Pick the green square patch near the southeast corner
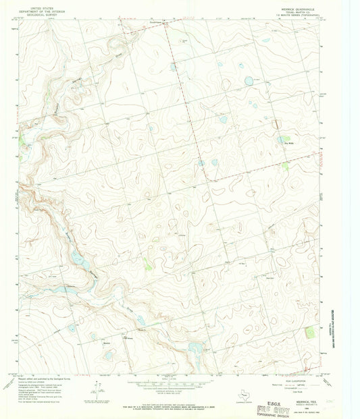[309, 332]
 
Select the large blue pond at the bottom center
[195, 349]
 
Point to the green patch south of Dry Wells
[285, 165]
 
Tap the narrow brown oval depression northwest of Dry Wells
[275, 123]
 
